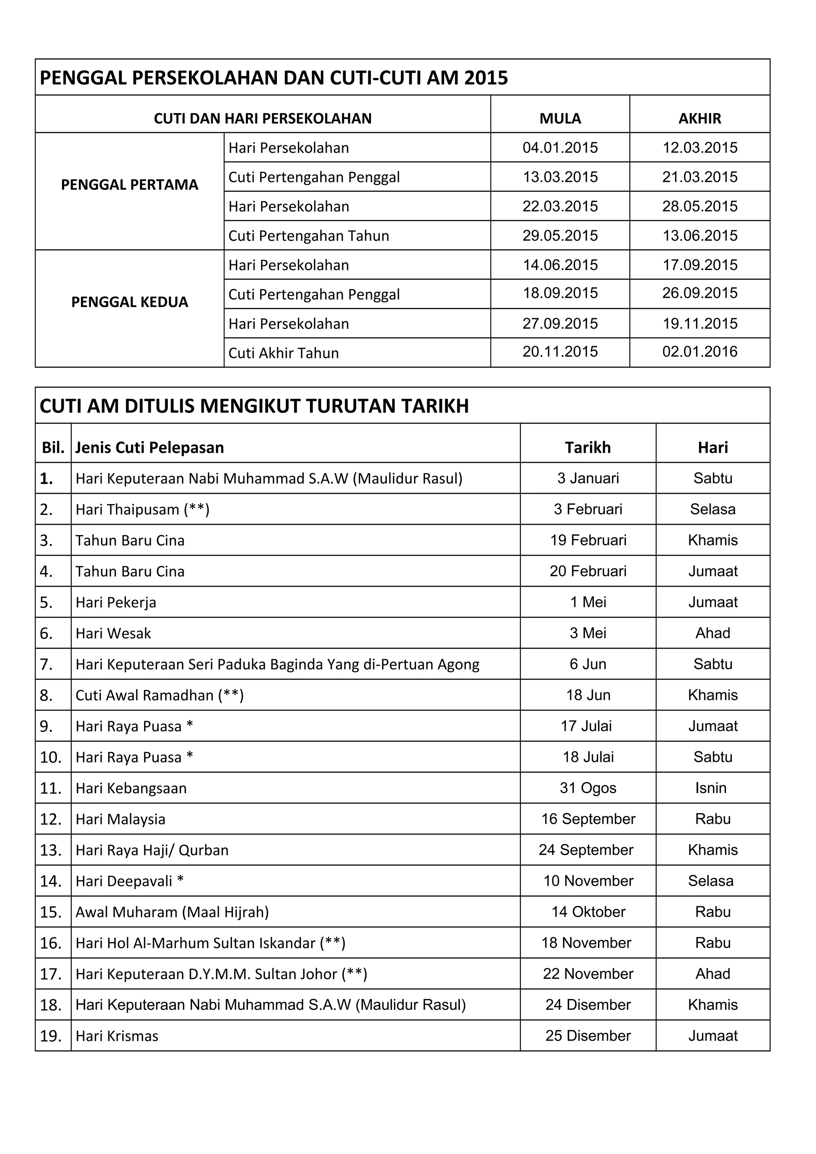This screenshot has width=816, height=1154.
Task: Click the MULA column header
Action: [560, 119]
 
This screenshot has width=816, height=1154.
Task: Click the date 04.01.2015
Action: [560, 148]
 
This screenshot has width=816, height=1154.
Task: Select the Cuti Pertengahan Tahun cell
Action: [308, 236]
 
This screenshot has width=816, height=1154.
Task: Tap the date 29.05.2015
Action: [560, 236]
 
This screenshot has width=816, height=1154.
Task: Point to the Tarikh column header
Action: [588, 447]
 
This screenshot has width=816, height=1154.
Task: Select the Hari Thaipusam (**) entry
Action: [142, 510]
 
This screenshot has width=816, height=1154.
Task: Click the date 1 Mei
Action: [588, 602]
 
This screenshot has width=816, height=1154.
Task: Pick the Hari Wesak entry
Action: [113, 633]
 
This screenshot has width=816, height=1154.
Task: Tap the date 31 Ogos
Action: [588, 788]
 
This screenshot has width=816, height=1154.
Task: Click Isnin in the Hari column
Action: [710, 788]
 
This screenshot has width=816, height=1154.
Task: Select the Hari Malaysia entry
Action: [120, 819]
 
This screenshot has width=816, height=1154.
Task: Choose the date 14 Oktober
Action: [588, 912]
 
